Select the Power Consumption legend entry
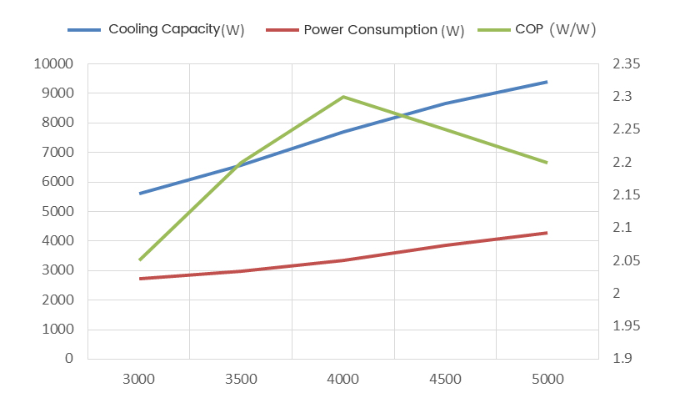pyautogui.click(x=370, y=30)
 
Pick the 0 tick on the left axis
pyautogui.click(x=69, y=359)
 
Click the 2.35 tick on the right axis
pyautogui.click(x=626, y=64)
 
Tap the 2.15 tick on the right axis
pyautogui.click(x=626, y=195)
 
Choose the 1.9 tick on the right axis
pyautogui.click(x=622, y=359)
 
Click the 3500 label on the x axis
pyautogui.click(x=241, y=380)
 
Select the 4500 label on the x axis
pyautogui.click(x=445, y=380)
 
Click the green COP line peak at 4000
pyautogui.click(x=343, y=97)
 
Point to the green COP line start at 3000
pyautogui.click(x=139, y=259)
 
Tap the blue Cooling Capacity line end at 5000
pyautogui.click(x=547, y=82)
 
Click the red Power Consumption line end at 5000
pyautogui.click(x=547, y=233)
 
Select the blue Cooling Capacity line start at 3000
pyautogui.click(x=139, y=193)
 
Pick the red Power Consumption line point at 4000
pyautogui.click(x=343, y=260)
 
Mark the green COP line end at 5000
pyautogui.click(x=547, y=162)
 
